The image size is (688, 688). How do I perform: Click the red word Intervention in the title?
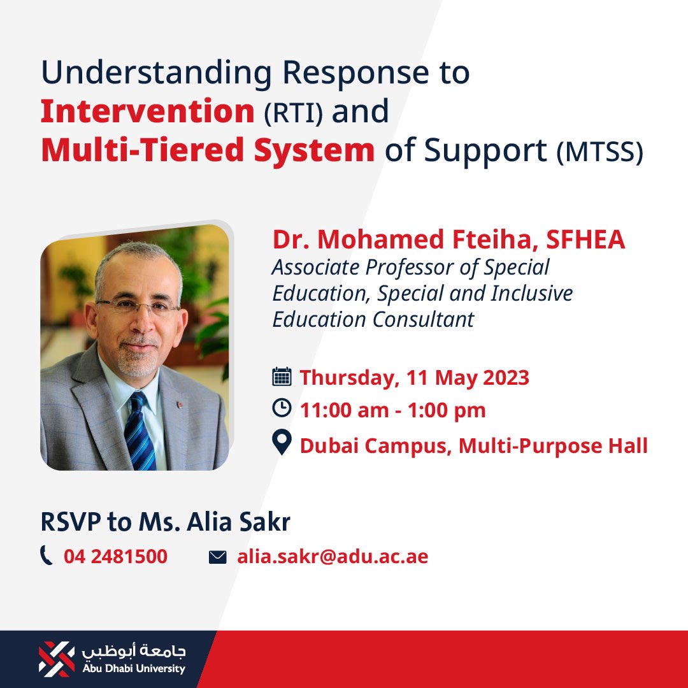click(147, 112)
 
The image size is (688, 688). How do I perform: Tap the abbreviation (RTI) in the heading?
click(293, 114)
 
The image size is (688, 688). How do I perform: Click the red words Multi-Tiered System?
click(208, 150)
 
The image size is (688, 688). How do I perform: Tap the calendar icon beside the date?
click(282, 376)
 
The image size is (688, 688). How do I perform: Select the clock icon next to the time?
click(282, 408)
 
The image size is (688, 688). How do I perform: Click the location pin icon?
click(282, 443)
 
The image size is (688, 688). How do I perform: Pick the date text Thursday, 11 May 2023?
click(415, 378)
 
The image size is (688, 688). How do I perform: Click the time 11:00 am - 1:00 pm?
click(393, 410)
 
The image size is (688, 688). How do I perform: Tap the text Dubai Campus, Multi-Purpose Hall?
click(474, 445)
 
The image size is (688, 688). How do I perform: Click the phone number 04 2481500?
click(115, 557)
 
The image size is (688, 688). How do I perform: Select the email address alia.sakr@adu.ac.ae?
click(333, 557)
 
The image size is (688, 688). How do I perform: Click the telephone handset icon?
click(47, 556)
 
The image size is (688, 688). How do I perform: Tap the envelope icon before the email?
click(217, 557)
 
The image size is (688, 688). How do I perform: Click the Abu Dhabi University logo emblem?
click(57, 659)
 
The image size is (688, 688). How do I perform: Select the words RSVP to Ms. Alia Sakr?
click(166, 522)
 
